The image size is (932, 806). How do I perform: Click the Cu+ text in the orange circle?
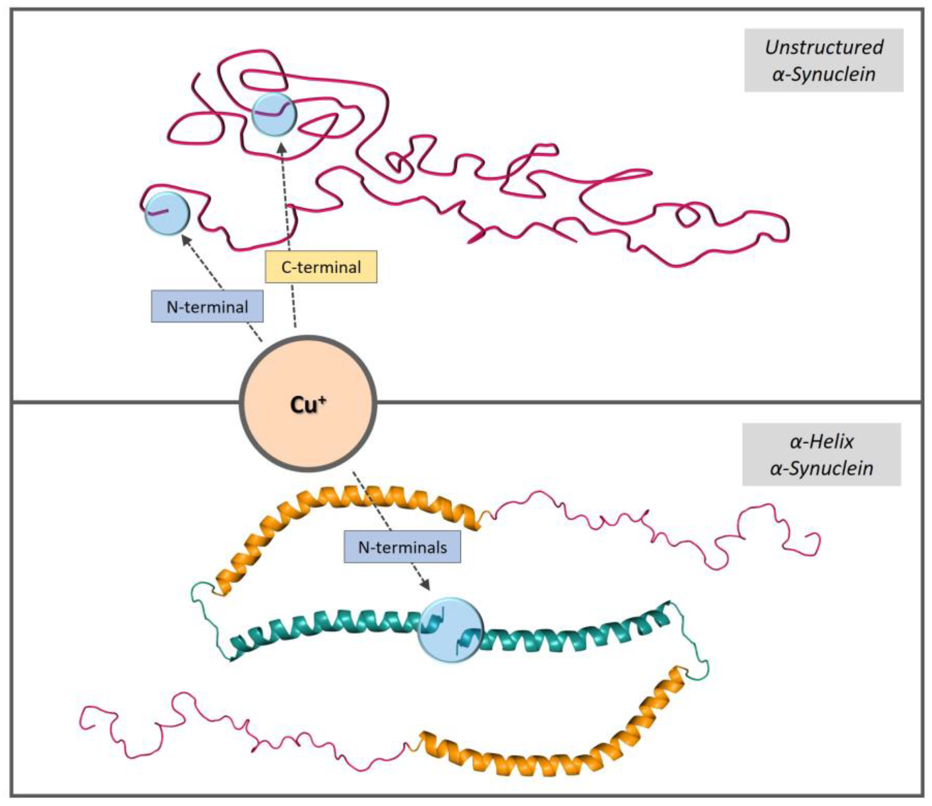[x=308, y=405]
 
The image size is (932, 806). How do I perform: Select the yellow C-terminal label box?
[x=321, y=267]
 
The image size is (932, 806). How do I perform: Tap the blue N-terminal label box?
[x=207, y=307]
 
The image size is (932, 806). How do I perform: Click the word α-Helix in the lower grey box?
[x=821, y=442]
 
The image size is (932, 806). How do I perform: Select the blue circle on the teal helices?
[x=450, y=630]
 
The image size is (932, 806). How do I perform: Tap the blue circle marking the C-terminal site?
[x=274, y=115]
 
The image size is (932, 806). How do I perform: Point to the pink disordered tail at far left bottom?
[x=180, y=720]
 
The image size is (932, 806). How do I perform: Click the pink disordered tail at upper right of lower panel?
[x=675, y=535]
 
